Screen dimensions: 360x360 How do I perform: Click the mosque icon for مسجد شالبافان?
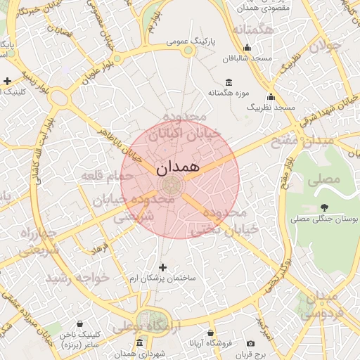[x=247, y=48]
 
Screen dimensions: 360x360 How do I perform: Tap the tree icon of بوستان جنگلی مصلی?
[x=324, y=207]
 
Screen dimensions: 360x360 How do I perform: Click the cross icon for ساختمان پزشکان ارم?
[x=163, y=267]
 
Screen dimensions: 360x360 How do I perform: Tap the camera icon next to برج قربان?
[x=250, y=343]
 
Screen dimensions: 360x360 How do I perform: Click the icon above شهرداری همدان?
[x=139, y=342]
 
